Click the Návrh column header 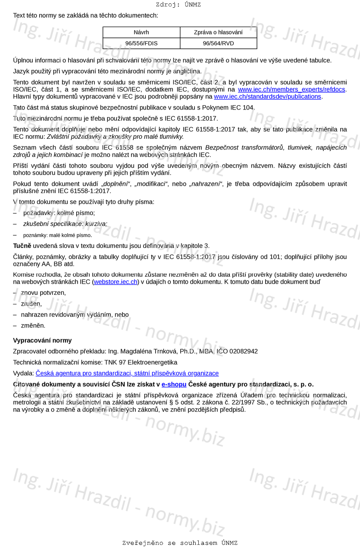(141, 32)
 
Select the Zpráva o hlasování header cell (218, 32)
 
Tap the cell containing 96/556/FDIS (141, 43)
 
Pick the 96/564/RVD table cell (218, 43)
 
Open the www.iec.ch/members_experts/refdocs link (291, 90)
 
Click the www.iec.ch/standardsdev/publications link (267, 97)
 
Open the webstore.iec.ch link (116, 282)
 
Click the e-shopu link (174, 384)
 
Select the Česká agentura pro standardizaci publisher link (127, 373)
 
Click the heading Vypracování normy (42, 341)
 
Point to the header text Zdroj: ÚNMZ (178, 5)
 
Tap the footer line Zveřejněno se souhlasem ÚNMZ (180, 543)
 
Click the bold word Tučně (22, 246)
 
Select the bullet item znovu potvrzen (43, 293)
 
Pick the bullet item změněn (33, 325)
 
